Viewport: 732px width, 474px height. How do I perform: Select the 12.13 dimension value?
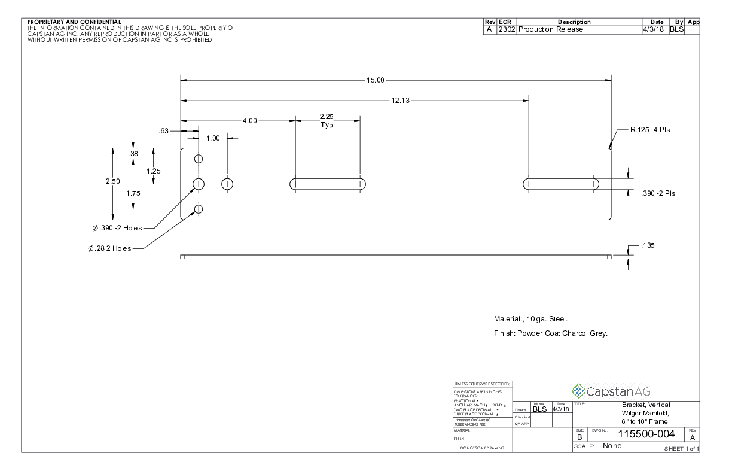coord(400,101)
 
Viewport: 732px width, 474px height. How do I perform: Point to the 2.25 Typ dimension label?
coord(327,121)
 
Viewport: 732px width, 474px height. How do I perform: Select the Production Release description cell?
coord(551,29)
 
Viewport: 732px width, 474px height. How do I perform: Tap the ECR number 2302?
coord(507,29)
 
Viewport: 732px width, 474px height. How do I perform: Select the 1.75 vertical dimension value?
coord(139,193)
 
